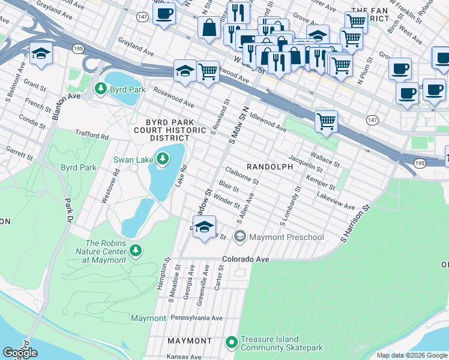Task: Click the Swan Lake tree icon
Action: [162, 159]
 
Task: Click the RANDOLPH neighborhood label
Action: [270, 166]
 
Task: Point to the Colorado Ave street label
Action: [245, 260]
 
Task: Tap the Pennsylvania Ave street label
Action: [197, 317]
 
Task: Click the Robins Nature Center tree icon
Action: [136, 249]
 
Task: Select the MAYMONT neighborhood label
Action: [189, 341]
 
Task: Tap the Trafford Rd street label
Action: [91, 136]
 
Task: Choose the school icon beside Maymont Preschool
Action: [240, 237]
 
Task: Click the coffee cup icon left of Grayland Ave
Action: [164, 13]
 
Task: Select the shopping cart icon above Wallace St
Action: [326, 121]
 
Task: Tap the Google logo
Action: [20, 353]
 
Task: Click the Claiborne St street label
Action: [243, 176]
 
